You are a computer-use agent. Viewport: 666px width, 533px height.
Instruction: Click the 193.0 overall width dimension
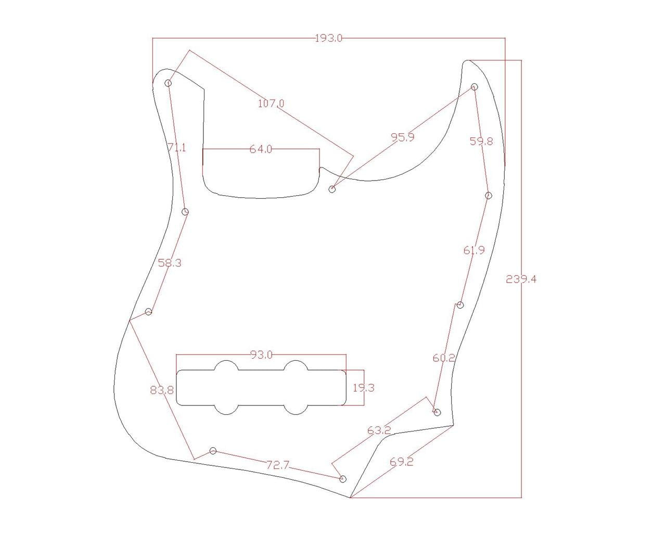pos(329,38)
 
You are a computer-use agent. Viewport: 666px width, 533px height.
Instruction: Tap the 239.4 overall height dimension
pos(521,280)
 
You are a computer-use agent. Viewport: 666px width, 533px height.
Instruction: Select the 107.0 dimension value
pos(271,104)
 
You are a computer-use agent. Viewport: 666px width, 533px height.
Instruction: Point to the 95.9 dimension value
pos(403,137)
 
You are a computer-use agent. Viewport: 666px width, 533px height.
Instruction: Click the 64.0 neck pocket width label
pos(261,149)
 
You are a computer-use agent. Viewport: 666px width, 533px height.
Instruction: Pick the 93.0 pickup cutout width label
pos(261,355)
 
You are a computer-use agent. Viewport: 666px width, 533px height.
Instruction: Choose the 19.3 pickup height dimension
pos(363,388)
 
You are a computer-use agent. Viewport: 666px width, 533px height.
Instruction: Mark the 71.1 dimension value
pos(177,148)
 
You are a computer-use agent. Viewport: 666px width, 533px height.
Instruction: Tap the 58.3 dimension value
pos(170,263)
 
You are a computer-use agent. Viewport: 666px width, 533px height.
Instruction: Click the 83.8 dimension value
pos(162,390)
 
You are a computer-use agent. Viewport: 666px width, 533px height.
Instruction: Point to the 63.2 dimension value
pos(379,430)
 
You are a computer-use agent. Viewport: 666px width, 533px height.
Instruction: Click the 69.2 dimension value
pos(401,462)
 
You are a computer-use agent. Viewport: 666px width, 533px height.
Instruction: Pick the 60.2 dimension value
pos(444,358)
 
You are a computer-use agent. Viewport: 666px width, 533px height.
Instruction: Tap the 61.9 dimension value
pos(474,250)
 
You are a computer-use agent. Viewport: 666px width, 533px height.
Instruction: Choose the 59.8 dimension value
pos(481,141)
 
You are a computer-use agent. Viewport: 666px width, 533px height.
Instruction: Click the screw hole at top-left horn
pos(169,83)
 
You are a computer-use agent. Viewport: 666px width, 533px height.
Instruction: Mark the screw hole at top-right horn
pos(475,87)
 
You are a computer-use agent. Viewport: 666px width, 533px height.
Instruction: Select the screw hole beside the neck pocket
pos(332,189)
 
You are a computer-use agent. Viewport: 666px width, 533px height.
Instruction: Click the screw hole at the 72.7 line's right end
pos(343,479)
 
